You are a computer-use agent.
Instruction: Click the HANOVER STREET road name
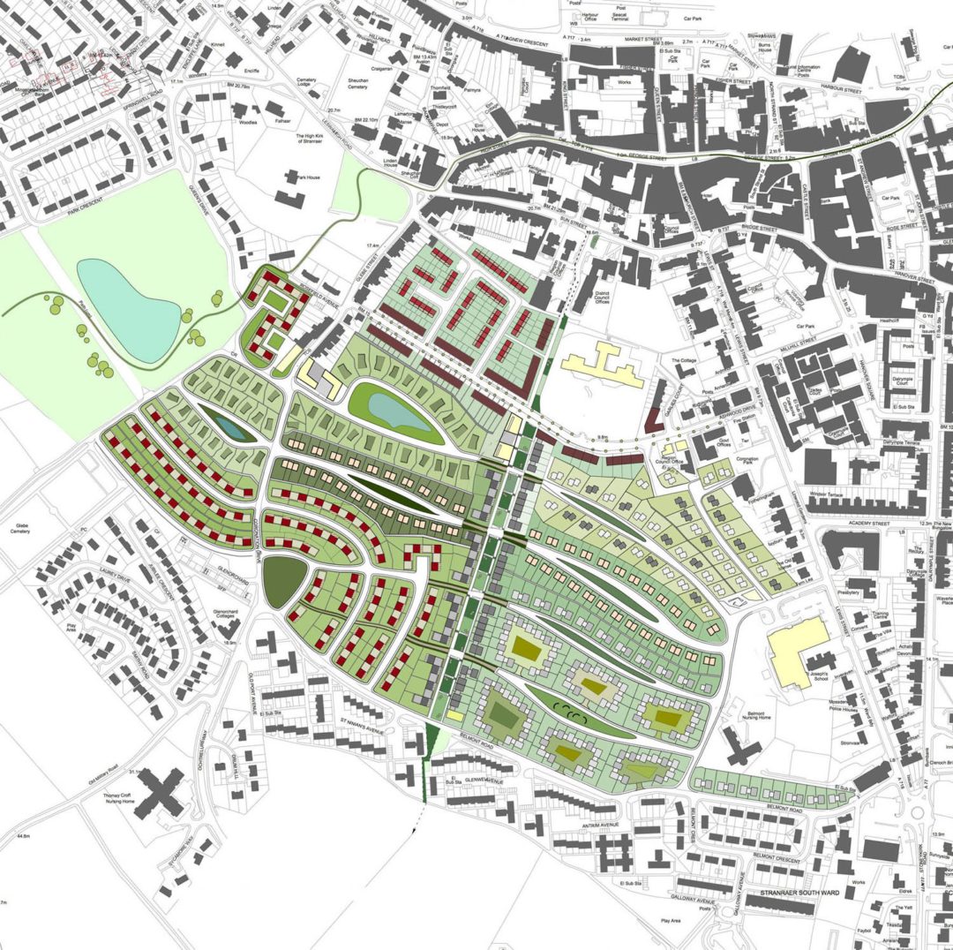pyautogui.click(x=896, y=279)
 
